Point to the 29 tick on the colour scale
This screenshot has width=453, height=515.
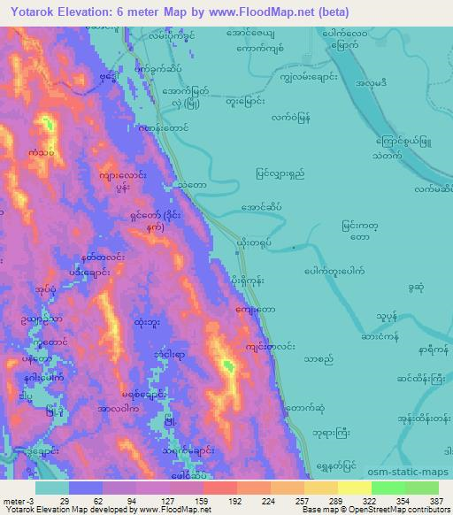(65, 501)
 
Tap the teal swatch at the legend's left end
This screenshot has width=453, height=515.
(51, 488)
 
